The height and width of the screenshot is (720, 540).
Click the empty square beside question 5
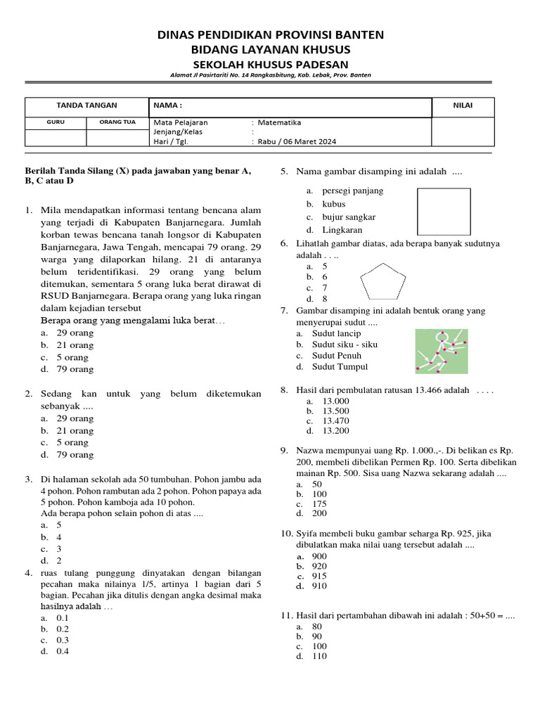pyautogui.click(x=444, y=212)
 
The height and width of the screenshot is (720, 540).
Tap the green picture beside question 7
pyautogui.click(x=440, y=352)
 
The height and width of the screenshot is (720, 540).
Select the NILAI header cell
pyautogui.click(x=462, y=105)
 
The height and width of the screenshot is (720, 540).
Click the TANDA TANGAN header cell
pyautogui.click(x=86, y=105)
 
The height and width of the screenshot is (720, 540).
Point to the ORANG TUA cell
pyautogui.click(x=117, y=122)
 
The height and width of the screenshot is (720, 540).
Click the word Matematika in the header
pyautogui.click(x=279, y=122)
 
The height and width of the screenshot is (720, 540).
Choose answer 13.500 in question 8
pyautogui.click(x=335, y=411)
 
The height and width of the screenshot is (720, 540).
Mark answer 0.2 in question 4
pyautogui.click(x=63, y=629)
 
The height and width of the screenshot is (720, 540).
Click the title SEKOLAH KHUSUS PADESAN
pyautogui.click(x=270, y=64)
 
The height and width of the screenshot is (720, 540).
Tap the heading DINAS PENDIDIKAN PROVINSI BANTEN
pyautogui.click(x=270, y=35)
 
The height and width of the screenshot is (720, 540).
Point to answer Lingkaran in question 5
pyautogui.click(x=342, y=230)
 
